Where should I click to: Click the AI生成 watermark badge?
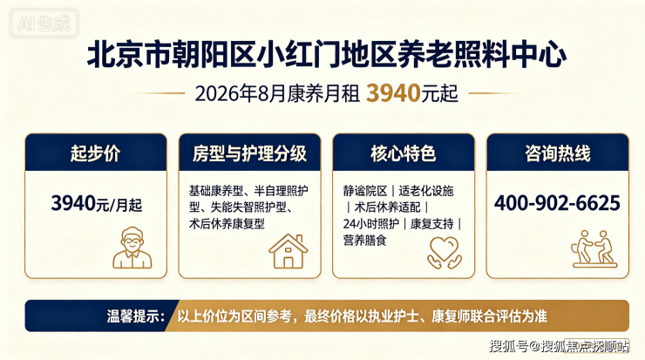[44, 24]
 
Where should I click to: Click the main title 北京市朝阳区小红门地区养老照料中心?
[327, 54]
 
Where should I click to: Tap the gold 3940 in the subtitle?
[393, 93]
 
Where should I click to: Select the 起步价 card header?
[96, 153]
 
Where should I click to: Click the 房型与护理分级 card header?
[249, 153]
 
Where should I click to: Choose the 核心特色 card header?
[404, 153]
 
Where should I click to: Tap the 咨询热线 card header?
[557, 153]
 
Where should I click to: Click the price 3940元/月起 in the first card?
[97, 204]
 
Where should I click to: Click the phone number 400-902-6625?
[557, 203]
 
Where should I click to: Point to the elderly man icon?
[132, 248]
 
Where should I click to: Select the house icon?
[288, 251]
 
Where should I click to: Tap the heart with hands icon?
[445, 253]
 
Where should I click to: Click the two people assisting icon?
[594, 248]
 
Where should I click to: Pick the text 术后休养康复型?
[227, 224]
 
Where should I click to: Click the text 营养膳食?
[365, 241]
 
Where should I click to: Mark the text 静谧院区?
[365, 191]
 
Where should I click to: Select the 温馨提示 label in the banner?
[136, 316]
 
